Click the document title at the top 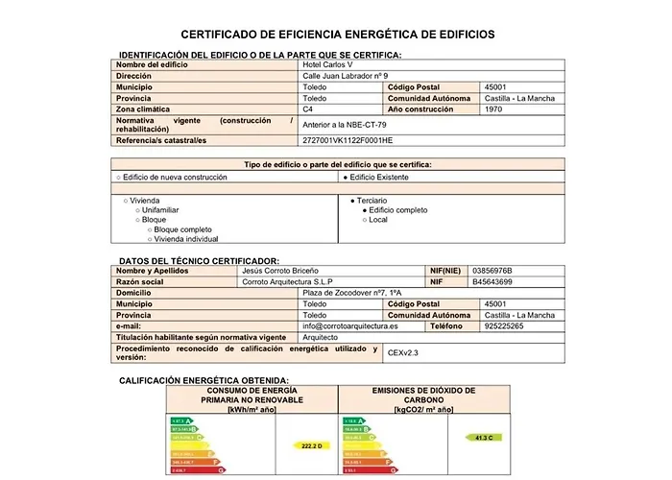[x=337, y=35]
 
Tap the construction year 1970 [x=494, y=109]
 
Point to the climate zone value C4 [x=308, y=109]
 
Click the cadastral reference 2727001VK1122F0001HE [x=348, y=140]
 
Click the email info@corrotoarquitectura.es [x=349, y=326]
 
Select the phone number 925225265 [x=504, y=326]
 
